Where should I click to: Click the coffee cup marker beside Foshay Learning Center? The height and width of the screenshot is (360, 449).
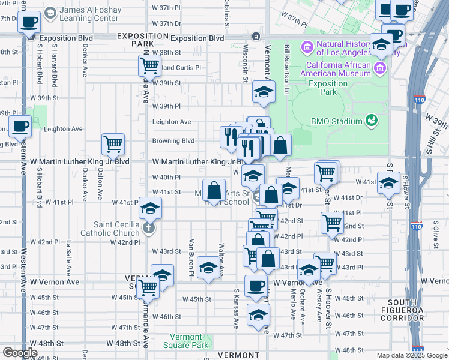[29, 23]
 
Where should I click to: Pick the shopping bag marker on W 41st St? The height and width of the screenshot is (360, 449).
[214, 191]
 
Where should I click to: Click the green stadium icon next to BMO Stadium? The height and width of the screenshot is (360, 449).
[372, 121]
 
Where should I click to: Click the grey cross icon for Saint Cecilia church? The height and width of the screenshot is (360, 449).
[149, 228]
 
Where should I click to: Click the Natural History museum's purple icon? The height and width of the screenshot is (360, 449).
[307, 46]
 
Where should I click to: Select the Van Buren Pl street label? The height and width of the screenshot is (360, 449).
[192, 257]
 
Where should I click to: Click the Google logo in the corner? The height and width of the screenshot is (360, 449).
[20, 353]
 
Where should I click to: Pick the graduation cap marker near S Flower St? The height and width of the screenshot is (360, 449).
[388, 183]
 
